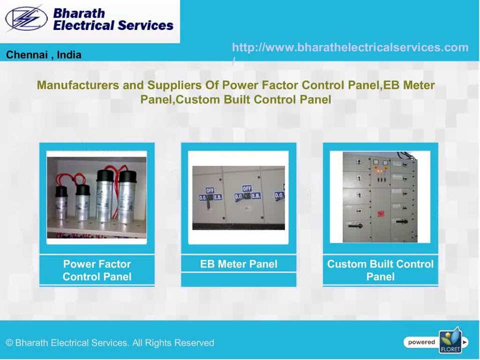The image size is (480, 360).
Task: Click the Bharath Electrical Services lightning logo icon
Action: [26, 19]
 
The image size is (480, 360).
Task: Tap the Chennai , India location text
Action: [43, 55]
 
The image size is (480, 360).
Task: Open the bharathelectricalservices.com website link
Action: [350, 47]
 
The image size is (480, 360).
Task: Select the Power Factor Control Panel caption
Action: [97, 270]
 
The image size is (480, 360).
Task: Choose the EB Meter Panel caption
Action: [238, 264]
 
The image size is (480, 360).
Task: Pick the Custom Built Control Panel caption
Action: [380, 270]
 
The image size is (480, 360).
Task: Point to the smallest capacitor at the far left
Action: [61, 202]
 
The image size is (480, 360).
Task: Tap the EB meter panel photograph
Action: [238, 198]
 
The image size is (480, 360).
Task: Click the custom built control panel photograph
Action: [380, 197]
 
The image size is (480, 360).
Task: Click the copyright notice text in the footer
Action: [110, 343]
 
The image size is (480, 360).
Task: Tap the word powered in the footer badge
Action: [421, 342]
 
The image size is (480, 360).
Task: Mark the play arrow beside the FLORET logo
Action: [465, 342]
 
